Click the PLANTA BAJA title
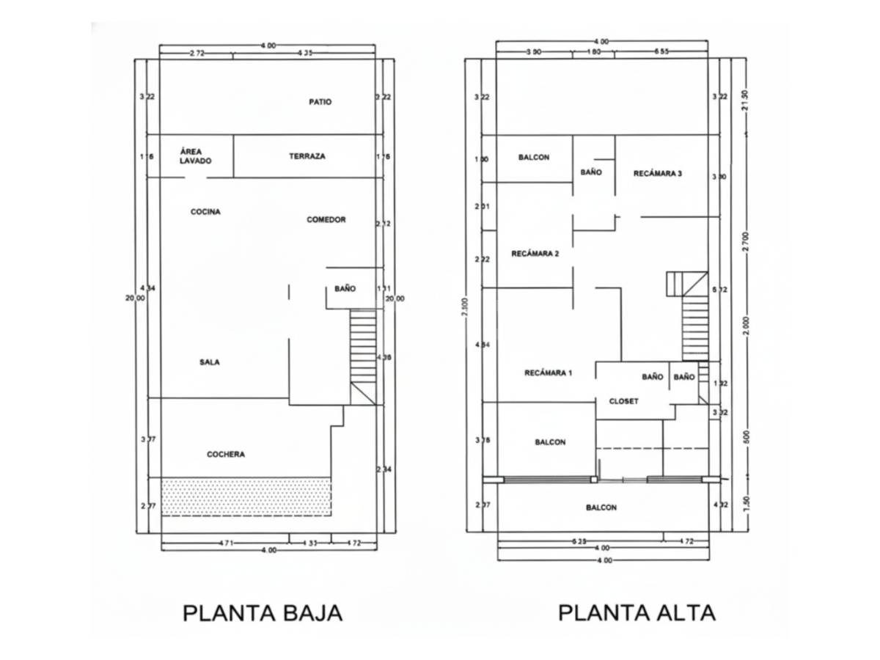click(262, 612)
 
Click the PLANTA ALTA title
click(637, 612)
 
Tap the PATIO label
click(320, 102)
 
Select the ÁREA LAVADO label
click(195, 155)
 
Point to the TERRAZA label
click(307, 156)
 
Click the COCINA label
click(205, 212)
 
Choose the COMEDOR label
click(326, 219)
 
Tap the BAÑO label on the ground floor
click(345, 289)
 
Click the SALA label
click(210, 362)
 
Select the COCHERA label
click(226, 455)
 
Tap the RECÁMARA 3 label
click(658, 174)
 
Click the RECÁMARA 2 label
click(535, 254)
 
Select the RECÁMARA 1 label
click(548, 373)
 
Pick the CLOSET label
click(623, 402)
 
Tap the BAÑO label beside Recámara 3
click(591, 172)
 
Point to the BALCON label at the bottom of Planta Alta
click(601, 507)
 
